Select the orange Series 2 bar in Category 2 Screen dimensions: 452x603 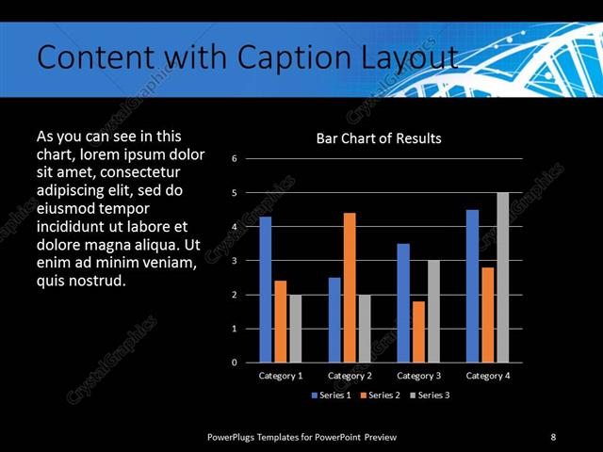pyautogui.click(x=350, y=287)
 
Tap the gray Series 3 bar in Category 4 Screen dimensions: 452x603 pyautogui.click(x=502, y=278)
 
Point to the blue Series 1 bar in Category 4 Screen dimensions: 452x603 pyautogui.click(x=472, y=286)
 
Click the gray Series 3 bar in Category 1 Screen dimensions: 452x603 pyautogui.click(x=295, y=329)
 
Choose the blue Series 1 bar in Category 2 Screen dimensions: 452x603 pyautogui.click(x=334, y=319)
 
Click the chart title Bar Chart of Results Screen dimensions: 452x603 pyautogui.click(x=378, y=138)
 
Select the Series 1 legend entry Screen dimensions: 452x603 pyautogui.click(x=331, y=395)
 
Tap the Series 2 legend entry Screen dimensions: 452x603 pyautogui.click(x=381, y=395)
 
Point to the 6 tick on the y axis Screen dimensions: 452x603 pyautogui.click(x=234, y=158)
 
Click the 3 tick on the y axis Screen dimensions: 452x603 pyautogui.click(x=234, y=261)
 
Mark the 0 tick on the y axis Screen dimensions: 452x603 pyautogui.click(x=234, y=363)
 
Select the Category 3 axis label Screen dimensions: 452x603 pyautogui.click(x=418, y=376)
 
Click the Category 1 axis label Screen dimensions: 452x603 pyautogui.click(x=281, y=376)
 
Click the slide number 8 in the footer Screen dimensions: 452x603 pyautogui.click(x=553, y=437)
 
